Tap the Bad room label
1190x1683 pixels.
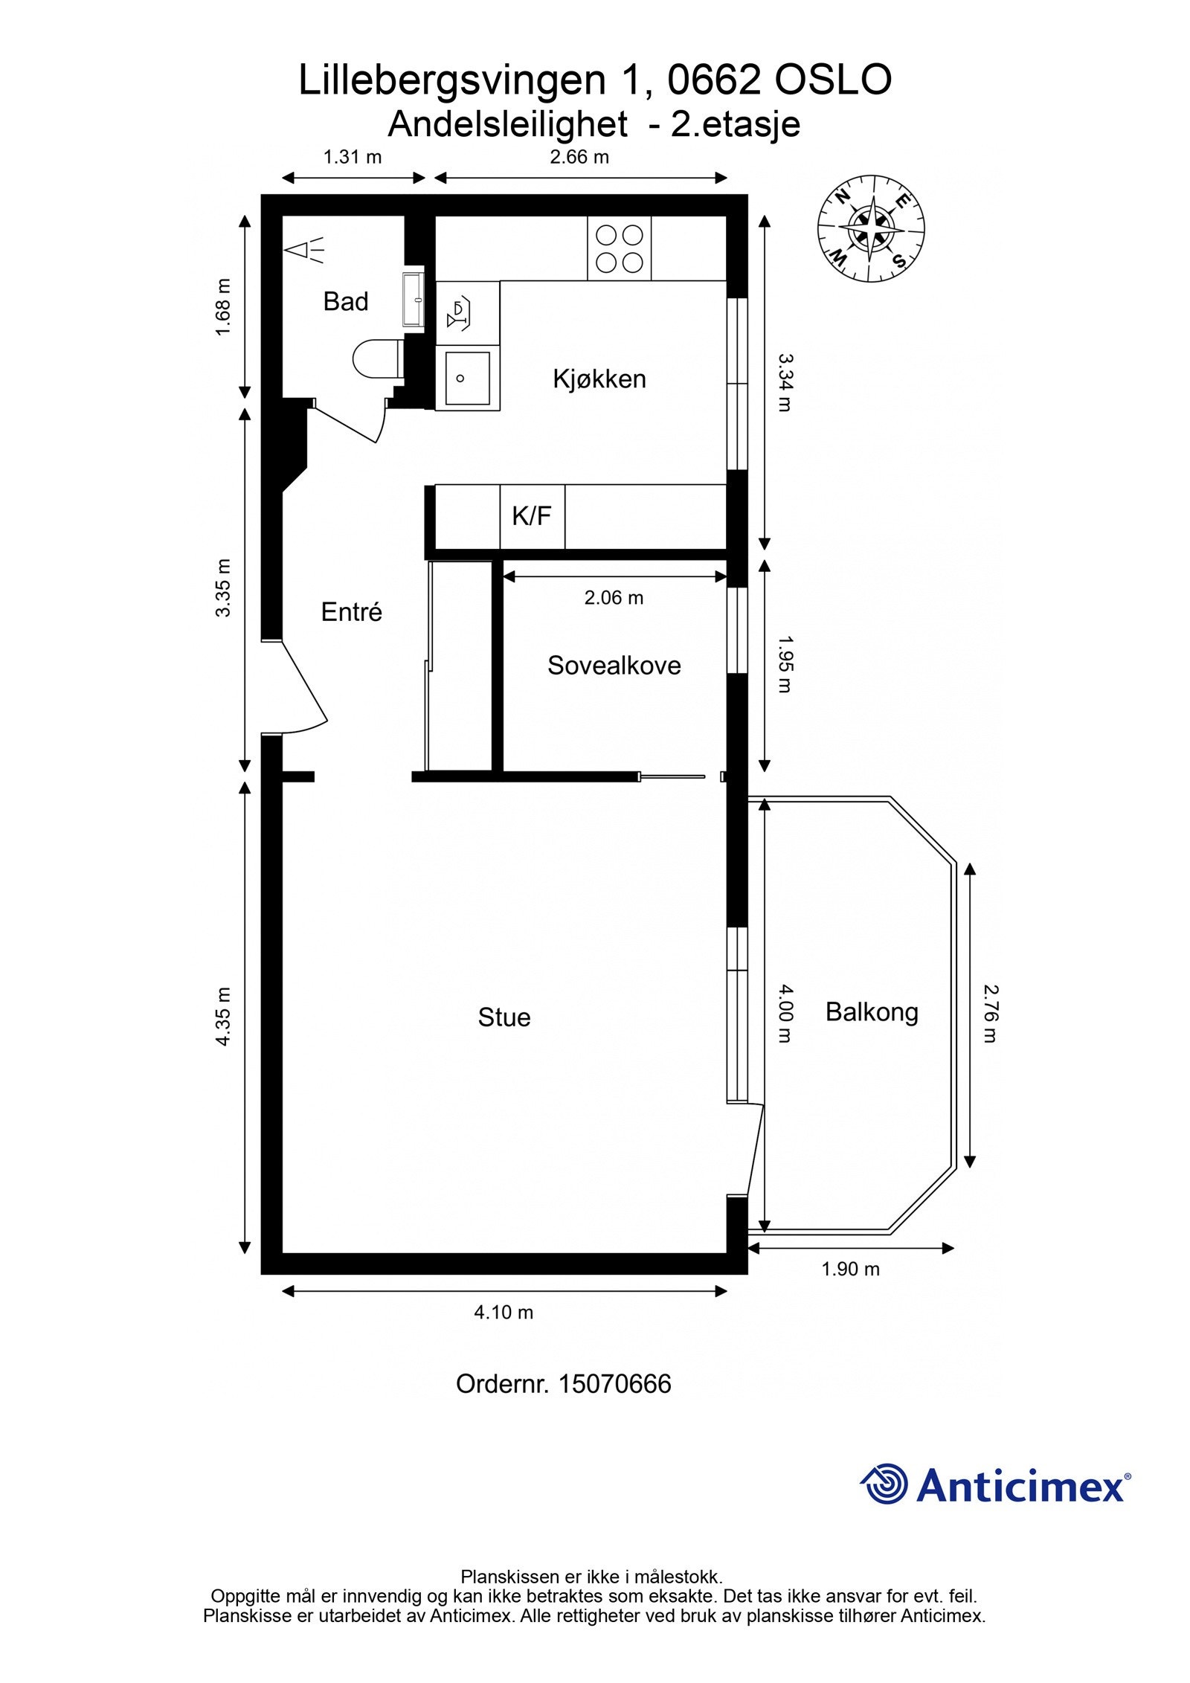coord(346,301)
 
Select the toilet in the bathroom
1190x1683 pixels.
coord(377,358)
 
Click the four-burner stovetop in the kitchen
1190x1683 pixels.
coord(619,248)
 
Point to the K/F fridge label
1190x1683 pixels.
coord(532,515)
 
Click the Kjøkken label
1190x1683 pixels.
coord(599,379)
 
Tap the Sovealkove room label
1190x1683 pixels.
coord(614,665)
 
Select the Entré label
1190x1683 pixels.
coord(352,611)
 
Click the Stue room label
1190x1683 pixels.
coord(504,1017)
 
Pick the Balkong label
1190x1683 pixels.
coord(872,1012)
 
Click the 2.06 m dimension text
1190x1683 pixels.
coord(614,597)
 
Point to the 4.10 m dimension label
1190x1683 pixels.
coord(504,1312)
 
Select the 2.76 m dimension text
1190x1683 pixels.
coord(990,1013)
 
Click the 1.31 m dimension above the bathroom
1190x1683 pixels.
coord(353,157)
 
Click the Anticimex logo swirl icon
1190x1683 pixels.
coord(884,1484)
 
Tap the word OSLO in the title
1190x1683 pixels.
coord(833,80)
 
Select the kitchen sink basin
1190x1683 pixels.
coord(468,378)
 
